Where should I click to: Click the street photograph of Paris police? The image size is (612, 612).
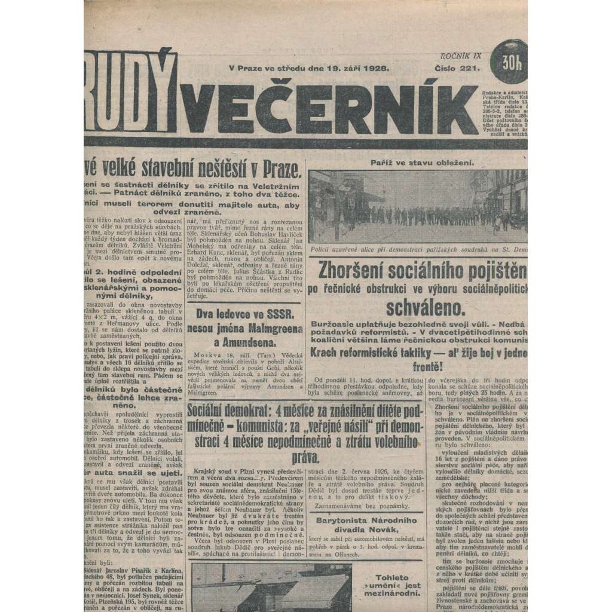[x=417, y=206]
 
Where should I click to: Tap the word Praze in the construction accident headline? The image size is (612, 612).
[x=279, y=172]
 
